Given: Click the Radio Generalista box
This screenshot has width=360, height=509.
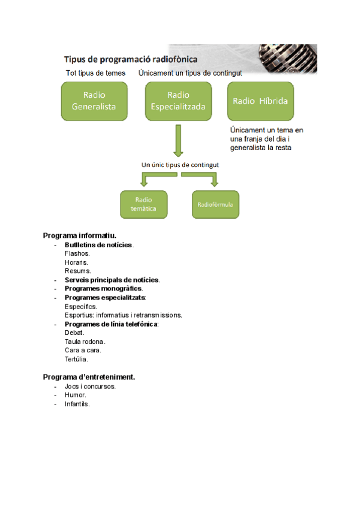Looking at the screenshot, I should tap(94, 101).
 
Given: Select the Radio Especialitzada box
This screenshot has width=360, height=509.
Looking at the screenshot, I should tap(178, 101).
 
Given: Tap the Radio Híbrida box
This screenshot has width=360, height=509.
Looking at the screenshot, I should tap(260, 101).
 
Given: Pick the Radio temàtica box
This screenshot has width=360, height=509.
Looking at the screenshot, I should tap(144, 204).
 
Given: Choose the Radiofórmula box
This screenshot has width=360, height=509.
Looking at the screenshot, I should tap(215, 204).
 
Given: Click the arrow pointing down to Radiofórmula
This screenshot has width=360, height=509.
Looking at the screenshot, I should tap(213, 178).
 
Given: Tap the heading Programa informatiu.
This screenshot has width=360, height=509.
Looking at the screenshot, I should tap(79, 236).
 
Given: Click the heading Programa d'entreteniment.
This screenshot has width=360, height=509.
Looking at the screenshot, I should tap(89, 377).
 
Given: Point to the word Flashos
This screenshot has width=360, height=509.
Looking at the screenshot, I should tap(77, 254).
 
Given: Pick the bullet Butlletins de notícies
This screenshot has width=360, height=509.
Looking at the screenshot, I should tap(99, 245).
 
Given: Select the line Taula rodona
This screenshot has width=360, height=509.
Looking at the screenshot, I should tap(85, 341).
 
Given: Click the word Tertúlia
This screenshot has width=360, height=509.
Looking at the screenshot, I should tap(76, 359).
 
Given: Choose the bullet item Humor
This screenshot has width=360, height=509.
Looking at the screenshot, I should tap(76, 395).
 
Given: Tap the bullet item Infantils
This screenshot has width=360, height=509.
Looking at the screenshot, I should tap(77, 404).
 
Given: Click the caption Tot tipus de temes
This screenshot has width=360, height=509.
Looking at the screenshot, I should tap(95, 73).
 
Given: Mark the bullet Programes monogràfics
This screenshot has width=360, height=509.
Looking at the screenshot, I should tap(103, 289).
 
